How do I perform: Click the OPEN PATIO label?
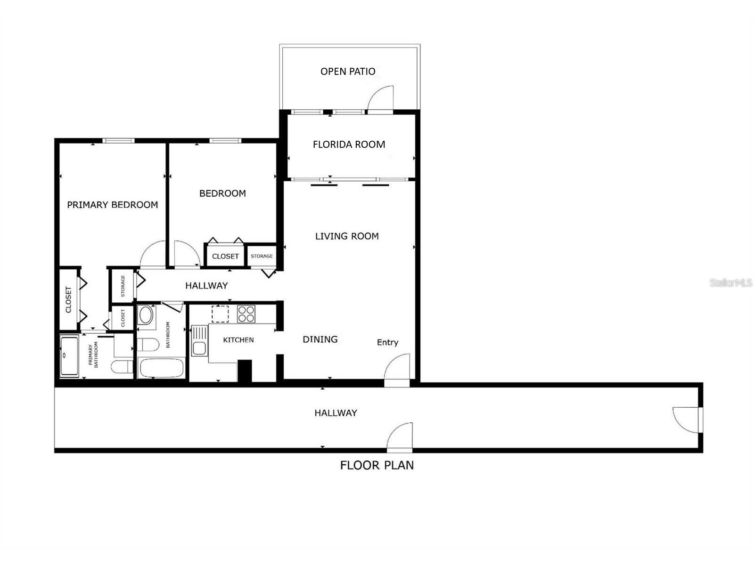click(x=348, y=72)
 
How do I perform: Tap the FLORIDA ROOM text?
click(x=349, y=145)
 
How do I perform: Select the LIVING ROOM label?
click(x=347, y=236)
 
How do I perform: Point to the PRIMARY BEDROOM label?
click(x=112, y=205)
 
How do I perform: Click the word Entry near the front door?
click(x=387, y=342)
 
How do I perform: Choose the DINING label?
click(x=320, y=339)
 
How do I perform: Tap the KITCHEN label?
click(x=238, y=340)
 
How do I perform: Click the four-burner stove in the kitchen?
click(x=246, y=314)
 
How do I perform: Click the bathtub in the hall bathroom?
click(x=161, y=368)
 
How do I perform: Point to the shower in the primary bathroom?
click(x=70, y=356)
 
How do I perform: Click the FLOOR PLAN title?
click(x=377, y=465)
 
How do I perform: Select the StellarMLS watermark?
click(x=731, y=282)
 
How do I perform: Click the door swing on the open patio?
click(x=381, y=99)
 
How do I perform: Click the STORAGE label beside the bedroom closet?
click(x=262, y=256)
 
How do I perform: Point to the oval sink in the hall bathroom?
click(x=146, y=315)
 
